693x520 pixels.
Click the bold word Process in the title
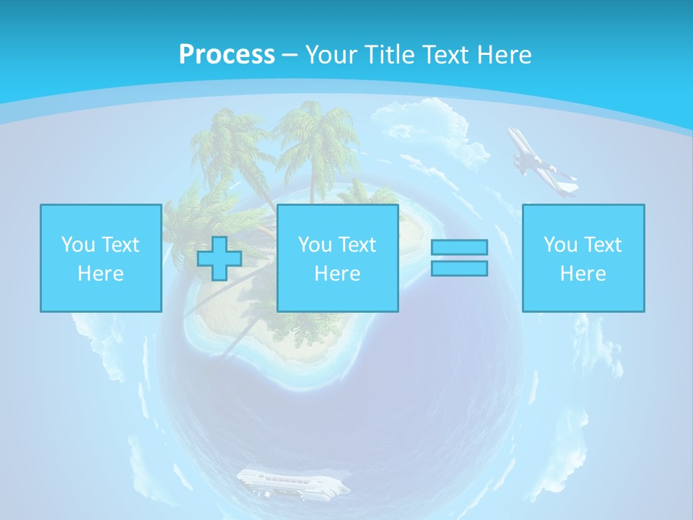(x=227, y=55)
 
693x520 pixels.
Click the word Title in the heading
(x=393, y=55)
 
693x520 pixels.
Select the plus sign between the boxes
(x=219, y=259)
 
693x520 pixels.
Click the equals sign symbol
(x=459, y=258)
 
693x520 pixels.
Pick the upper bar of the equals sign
(x=459, y=247)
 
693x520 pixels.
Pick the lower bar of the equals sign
(x=459, y=269)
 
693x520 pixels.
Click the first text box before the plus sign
(x=101, y=258)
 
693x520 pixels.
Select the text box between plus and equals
(x=338, y=258)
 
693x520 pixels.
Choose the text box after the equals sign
(x=583, y=258)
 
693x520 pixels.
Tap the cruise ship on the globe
(x=292, y=483)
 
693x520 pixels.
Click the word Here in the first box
(x=101, y=274)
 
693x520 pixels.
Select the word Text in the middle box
(x=357, y=245)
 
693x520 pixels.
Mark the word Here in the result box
(x=583, y=274)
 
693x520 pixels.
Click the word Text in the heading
(x=444, y=55)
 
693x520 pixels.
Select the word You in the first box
(x=78, y=245)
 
